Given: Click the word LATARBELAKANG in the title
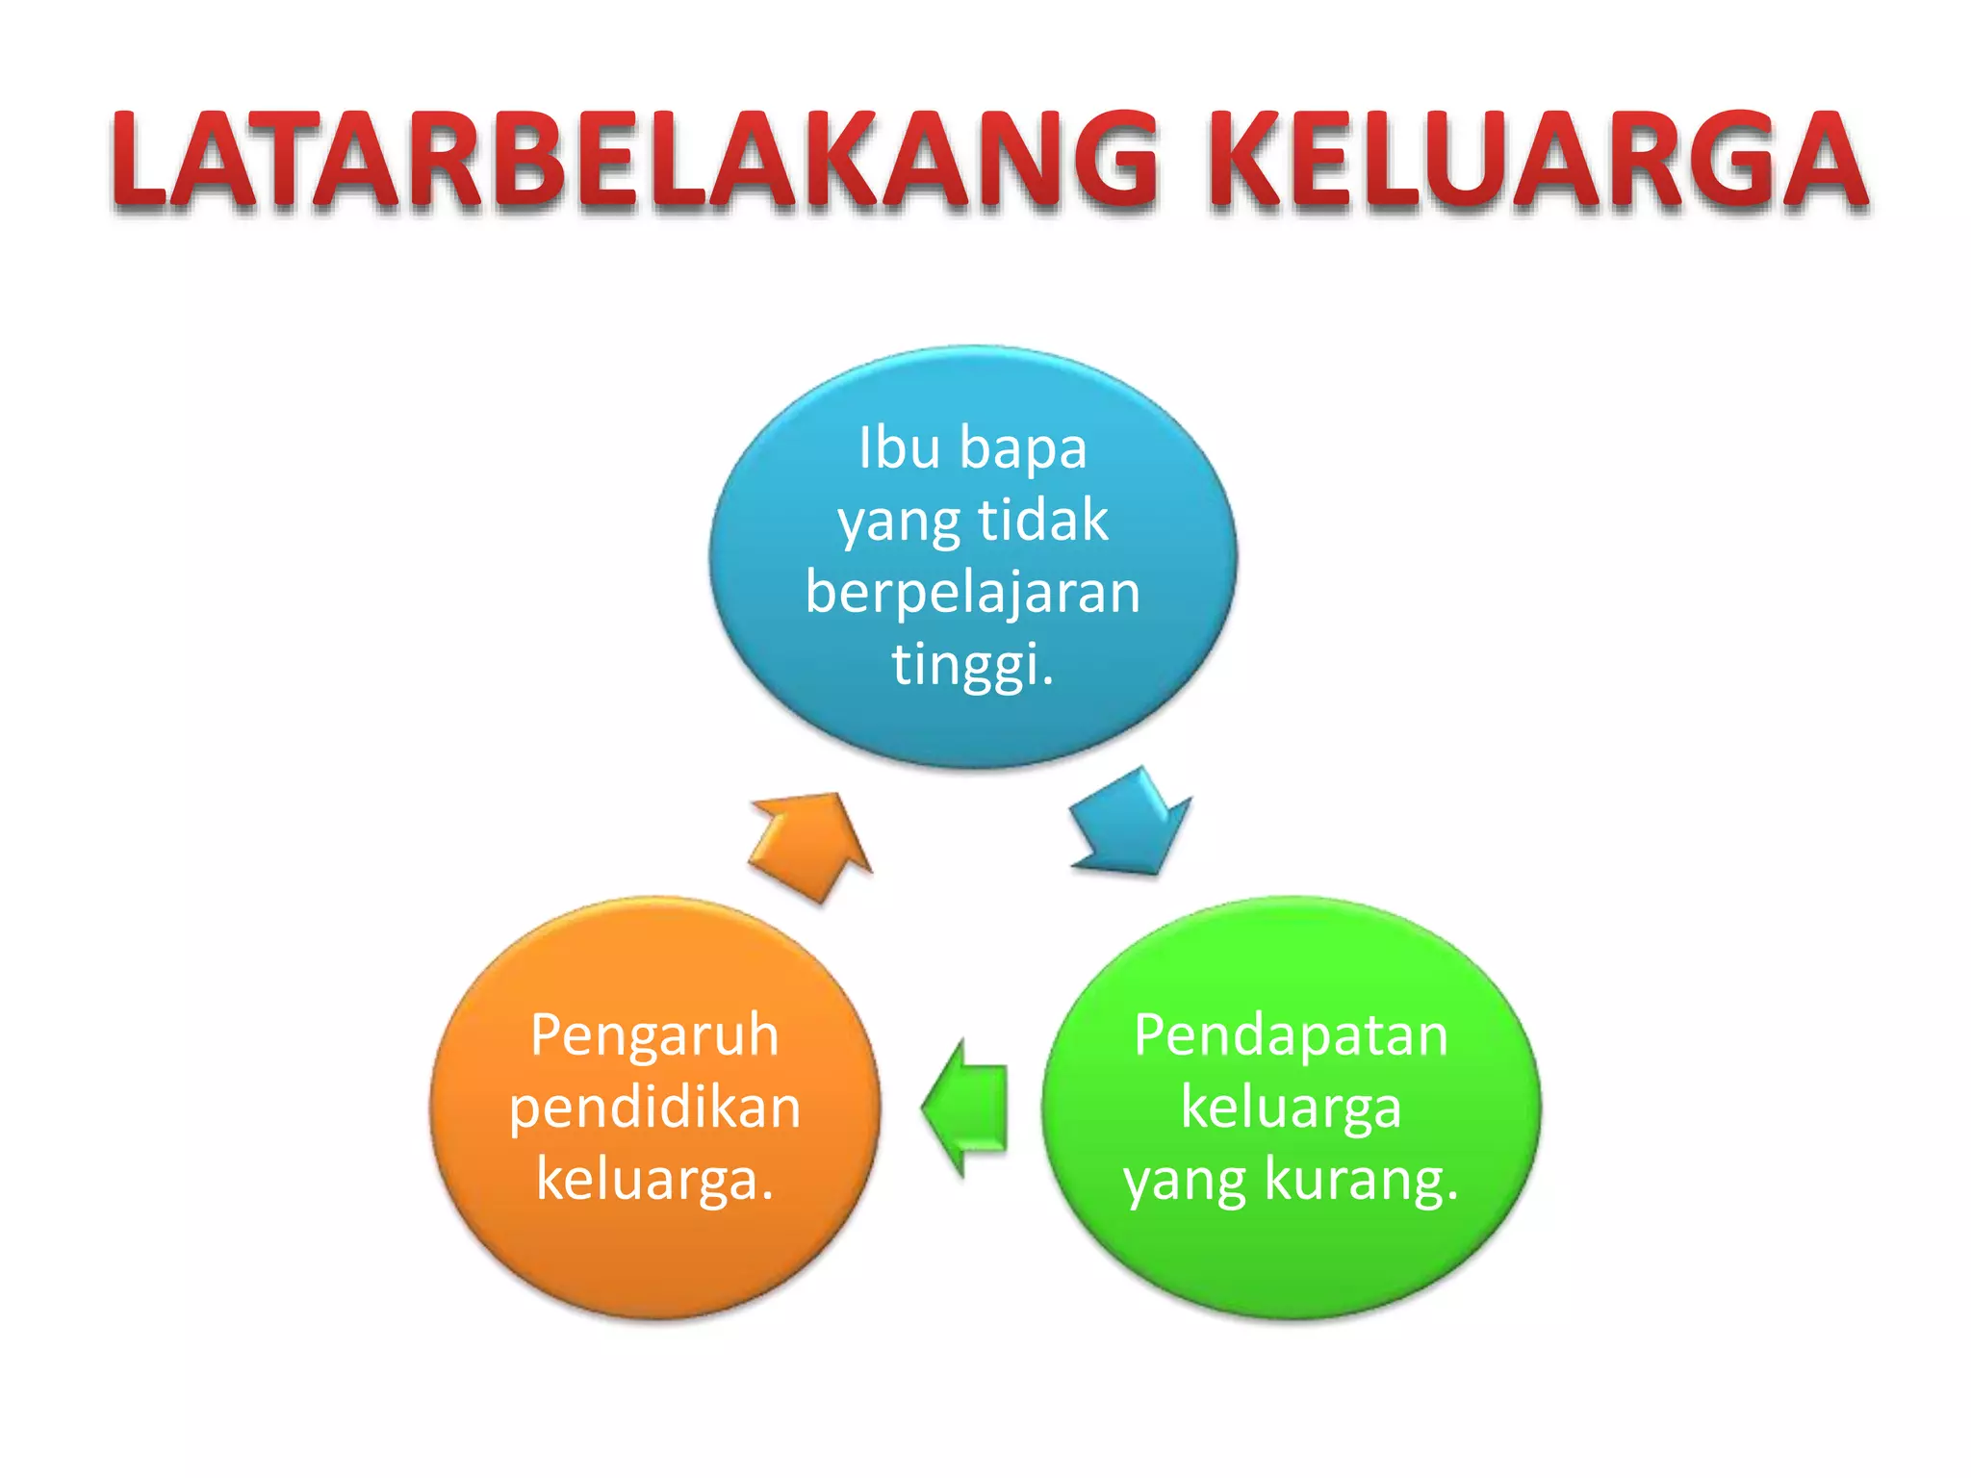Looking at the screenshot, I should click(x=635, y=160).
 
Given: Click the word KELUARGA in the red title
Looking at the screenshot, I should click(x=1538, y=160).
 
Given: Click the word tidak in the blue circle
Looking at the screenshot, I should click(x=1043, y=521).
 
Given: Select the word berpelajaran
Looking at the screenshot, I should click(x=973, y=592).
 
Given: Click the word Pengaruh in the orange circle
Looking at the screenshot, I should click(x=654, y=1035).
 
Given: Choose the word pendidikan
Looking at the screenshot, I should click(x=654, y=1108).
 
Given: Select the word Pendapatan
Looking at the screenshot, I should click(x=1291, y=1035).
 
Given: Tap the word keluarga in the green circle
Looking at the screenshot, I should click(x=1291, y=1108).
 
